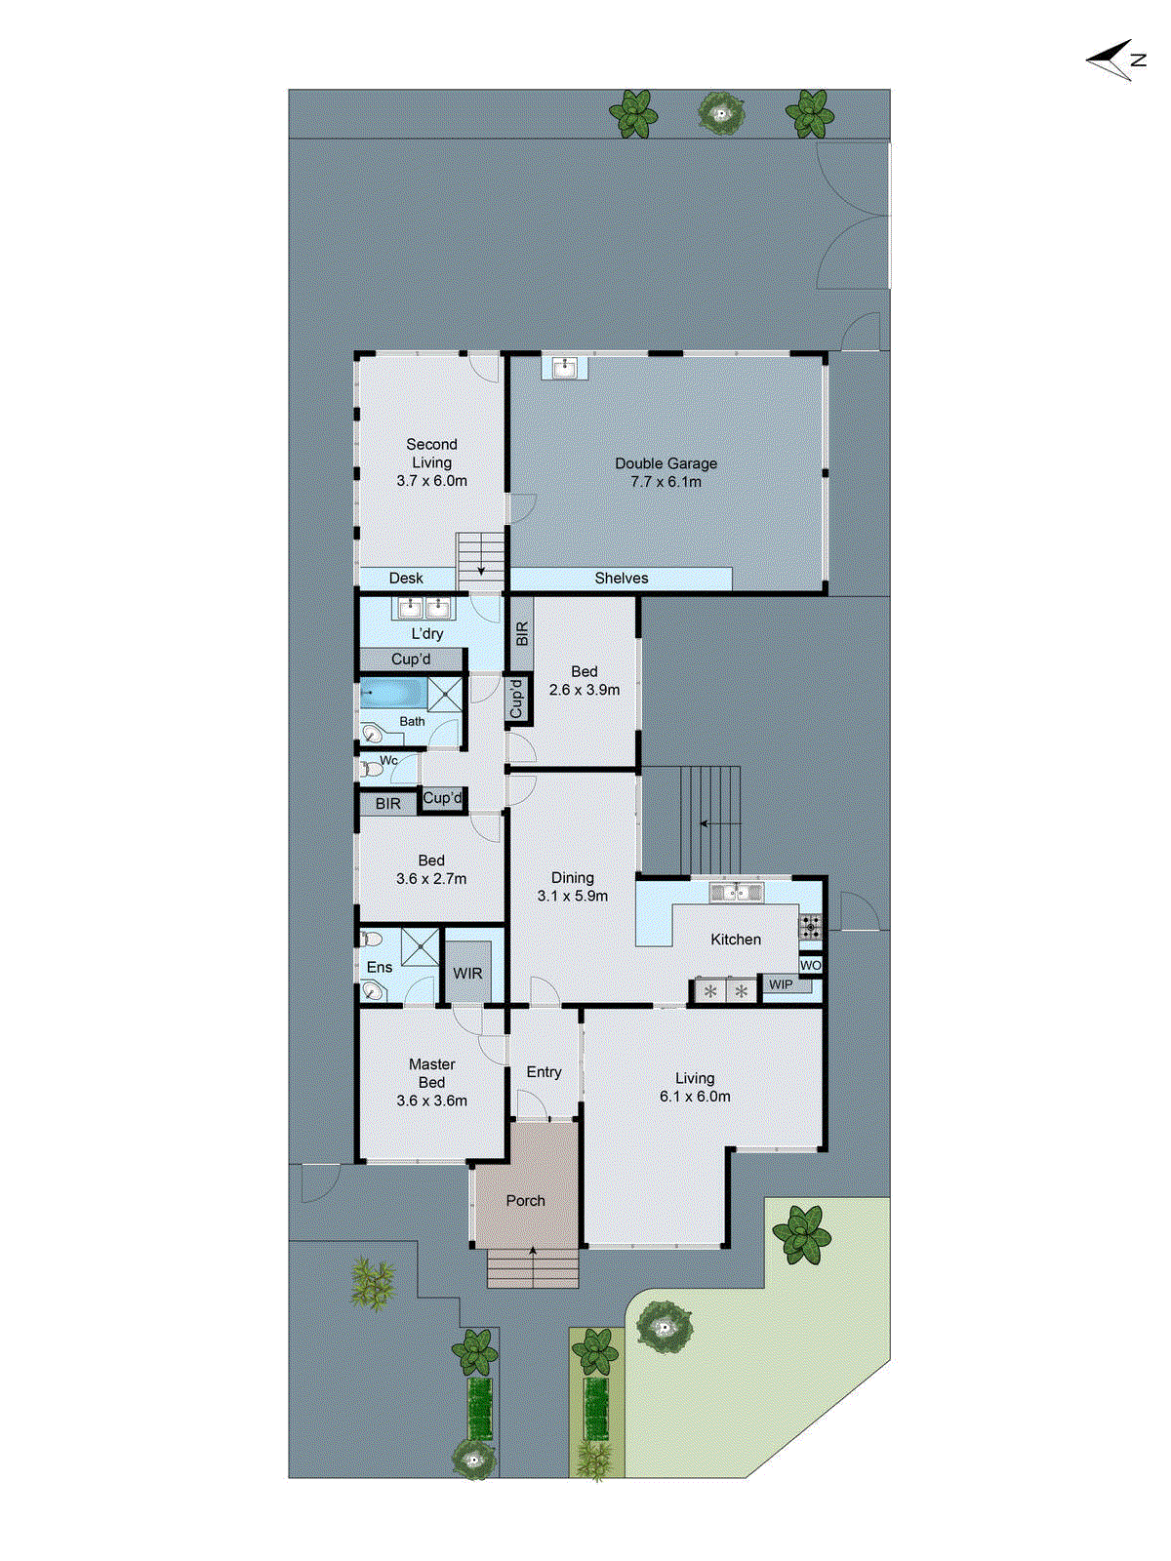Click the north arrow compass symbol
pyautogui.click(x=1114, y=60)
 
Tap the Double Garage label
pyautogui.click(x=666, y=463)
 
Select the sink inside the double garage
pyautogui.click(x=565, y=368)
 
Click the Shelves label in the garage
pyautogui.click(x=622, y=579)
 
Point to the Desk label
pyautogui.click(x=406, y=579)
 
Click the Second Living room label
pyautogui.click(x=431, y=454)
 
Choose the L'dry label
pyautogui.click(x=427, y=634)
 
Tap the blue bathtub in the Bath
pyautogui.click(x=393, y=695)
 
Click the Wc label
pyautogui.click(x=388, y=760)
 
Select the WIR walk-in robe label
pyautogui.click(x=467, y=974)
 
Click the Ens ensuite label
pyautogui.click(x=380, y=968)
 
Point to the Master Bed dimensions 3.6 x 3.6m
pyautogui.click(x=431, y=1101)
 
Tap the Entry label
pyautogui.click(x=544, y=1072)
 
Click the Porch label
pyautogui.click(x=525, y=1201)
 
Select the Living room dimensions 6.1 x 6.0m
pyautogui.click(x=695, y=1097)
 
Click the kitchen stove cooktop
pyautogui.click(x=811, y=926)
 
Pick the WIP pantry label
pyautogui.click(x=782, y=985)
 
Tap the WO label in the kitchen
pyautogui.click(x=811, y=965)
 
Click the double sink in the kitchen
pyautogui.click(x=736, y=892)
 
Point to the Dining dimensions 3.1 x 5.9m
pyautogui.click(x=572, y=896)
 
